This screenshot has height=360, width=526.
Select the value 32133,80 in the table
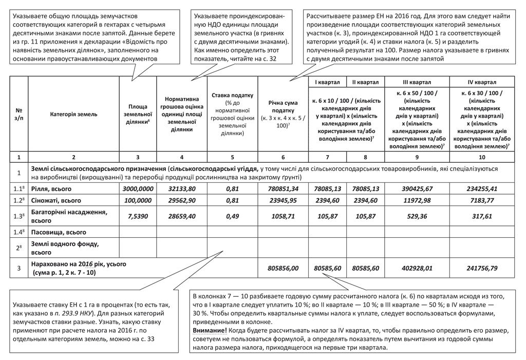coord(182,189)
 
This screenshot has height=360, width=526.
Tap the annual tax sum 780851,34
coord(283,189)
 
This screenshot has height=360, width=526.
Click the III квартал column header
coord(417,82)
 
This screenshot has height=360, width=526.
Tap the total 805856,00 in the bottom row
coord(283,268)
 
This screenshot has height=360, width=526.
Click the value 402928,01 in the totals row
coord(417,268)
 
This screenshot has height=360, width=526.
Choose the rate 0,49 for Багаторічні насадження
coord(233,216)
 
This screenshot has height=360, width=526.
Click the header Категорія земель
coord(74,115)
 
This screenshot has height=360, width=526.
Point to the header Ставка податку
coord(233,96)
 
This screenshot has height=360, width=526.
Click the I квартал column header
coord(327,82)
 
